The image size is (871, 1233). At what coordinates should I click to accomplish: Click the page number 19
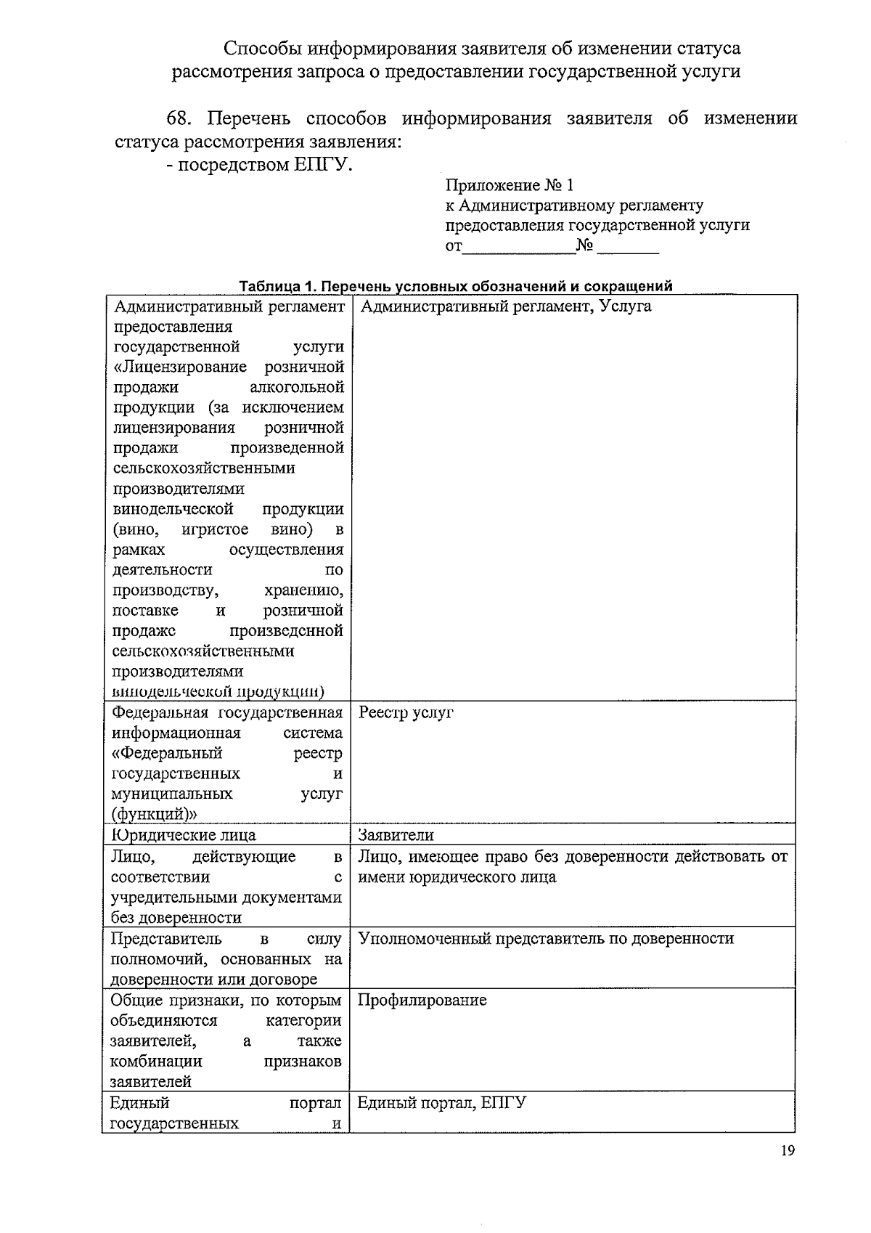[788, 1151]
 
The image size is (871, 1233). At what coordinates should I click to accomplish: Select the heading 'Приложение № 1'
[510, 186]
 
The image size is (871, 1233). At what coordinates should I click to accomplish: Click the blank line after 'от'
[518, 247]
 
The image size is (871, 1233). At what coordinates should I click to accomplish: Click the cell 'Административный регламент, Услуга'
[505, 306]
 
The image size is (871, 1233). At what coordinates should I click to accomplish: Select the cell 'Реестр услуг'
[406, 712]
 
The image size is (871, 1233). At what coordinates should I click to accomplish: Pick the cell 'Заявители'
[396, 835]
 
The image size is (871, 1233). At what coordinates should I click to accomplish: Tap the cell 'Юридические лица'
[184, 835]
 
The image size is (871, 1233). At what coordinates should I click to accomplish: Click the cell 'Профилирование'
[422, 1000]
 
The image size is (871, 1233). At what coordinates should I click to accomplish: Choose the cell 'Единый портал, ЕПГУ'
[441, 1103]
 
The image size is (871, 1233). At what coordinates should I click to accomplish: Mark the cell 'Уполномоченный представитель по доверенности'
[546, 938]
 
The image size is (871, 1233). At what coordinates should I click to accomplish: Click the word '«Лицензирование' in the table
[180, 367]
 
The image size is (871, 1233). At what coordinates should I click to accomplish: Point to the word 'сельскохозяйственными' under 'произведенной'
[204, 468]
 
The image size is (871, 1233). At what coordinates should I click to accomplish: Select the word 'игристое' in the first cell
[215, 529]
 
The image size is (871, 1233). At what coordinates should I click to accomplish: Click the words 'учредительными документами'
[226, 898]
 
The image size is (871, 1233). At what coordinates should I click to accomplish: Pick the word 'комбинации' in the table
[156, 1061]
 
